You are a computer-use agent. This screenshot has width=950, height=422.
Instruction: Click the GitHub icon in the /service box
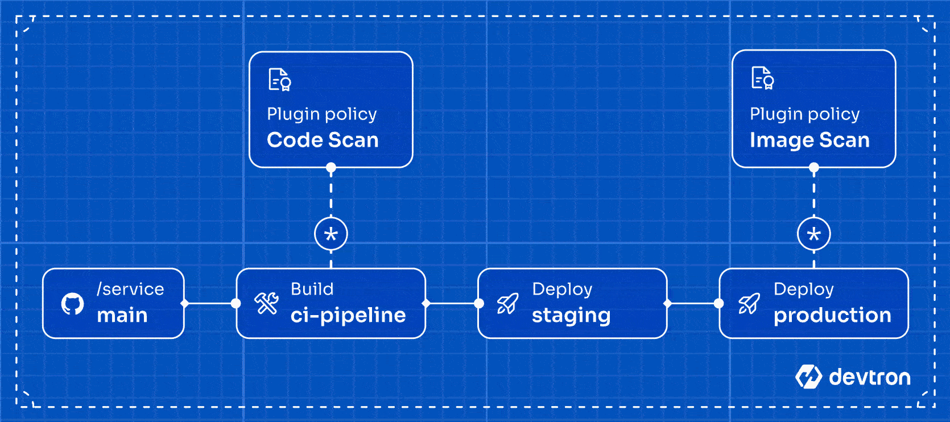pos(72,304)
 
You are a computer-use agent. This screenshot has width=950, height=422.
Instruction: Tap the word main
pos(122,316)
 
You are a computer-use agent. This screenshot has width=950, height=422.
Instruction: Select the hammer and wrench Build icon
pos(266,303)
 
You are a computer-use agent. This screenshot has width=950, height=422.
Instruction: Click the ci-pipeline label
pos(348,316)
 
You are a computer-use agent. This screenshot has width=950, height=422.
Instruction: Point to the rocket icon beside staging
pos(507,304)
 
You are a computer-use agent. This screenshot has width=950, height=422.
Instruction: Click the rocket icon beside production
pos(749,304)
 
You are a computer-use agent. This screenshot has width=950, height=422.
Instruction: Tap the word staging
pos(571,316)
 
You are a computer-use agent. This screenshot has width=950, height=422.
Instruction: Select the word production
pos(832,316)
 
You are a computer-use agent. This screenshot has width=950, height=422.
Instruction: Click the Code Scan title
pos(323,140)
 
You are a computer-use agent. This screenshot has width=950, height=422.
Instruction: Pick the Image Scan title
pos(809,140)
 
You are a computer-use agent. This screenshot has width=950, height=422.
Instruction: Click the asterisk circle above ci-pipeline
pos(331,234)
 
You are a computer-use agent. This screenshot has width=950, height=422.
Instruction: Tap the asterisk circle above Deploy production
pos(814,234)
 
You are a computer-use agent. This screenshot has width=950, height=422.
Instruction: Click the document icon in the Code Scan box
pos(279,80)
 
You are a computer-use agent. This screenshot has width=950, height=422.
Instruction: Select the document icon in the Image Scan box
pos(762,78)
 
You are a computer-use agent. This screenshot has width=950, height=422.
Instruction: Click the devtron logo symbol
pos(808,377)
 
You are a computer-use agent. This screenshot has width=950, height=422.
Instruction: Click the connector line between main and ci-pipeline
pos(210,304)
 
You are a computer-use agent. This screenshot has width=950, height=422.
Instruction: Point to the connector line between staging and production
pos(693,304)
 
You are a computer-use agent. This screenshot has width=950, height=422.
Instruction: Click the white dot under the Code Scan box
pos(331,168)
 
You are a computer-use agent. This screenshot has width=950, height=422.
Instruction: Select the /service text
pos(130,289)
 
